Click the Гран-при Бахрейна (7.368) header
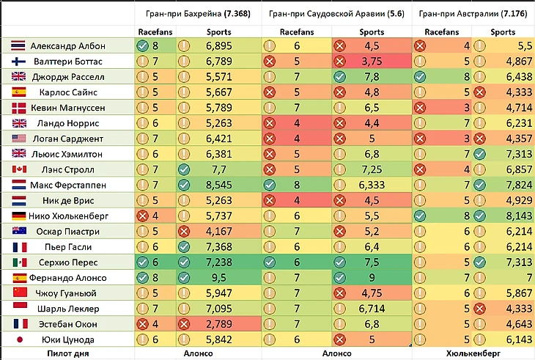pos(198,14)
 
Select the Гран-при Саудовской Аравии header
pos(336,14)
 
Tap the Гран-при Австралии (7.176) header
pos(473,14)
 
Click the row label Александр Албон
pos(68,45)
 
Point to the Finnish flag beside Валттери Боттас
pos(18,62)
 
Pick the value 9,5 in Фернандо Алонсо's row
pos(218,278)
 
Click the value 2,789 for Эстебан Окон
pos(218,324)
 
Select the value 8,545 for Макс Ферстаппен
pos(218,185)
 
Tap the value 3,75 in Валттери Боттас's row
pos(372,62)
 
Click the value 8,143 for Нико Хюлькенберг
pos(519,216)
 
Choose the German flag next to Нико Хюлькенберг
pos(19,216)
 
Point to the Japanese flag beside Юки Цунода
pos(20,339)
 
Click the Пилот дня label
pos(68,353)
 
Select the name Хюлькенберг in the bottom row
pos(473,353)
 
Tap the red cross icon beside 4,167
pos(184,232)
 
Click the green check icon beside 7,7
pos(184,169)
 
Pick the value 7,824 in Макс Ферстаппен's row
pos(519,185)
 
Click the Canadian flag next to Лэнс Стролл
pos(19,169)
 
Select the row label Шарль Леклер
pos(68,309)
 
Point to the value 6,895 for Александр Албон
pos(218,45)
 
